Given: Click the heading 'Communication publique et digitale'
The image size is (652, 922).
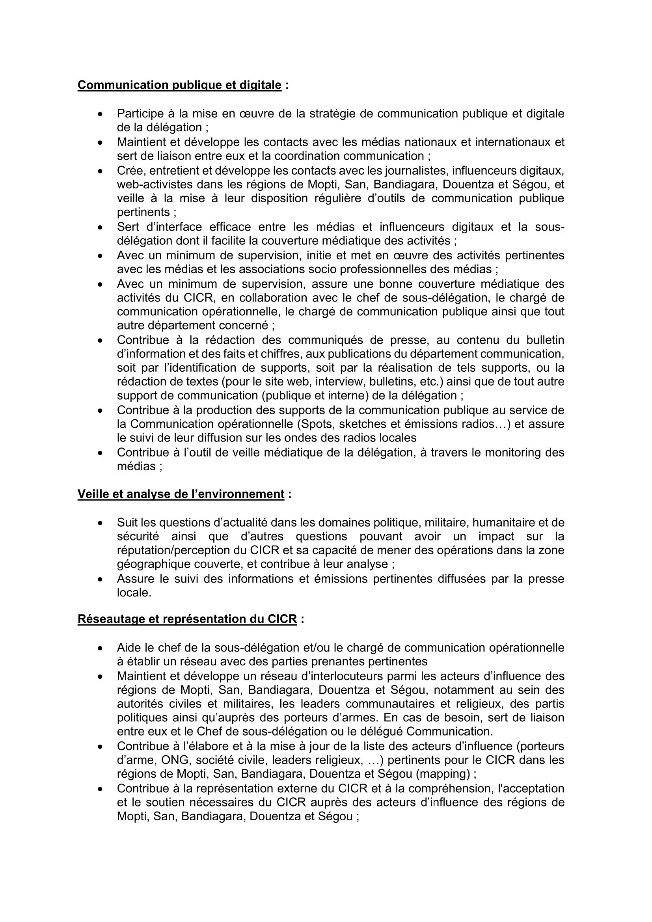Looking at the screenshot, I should pyautogui.click(x=179, y=85).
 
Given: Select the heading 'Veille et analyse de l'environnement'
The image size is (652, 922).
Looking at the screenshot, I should pyautogui.click(x=181, y=494).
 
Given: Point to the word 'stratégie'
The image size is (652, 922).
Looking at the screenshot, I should pyautogui.click(x=333, y=114).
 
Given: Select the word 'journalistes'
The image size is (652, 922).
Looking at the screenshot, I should pyautogui.click(x=415, y=171).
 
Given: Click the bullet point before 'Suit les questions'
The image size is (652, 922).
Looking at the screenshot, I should pyautogui.click(x=101, y=523).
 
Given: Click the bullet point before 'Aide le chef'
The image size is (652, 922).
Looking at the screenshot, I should pyautogui.click(x=101, y=648).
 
